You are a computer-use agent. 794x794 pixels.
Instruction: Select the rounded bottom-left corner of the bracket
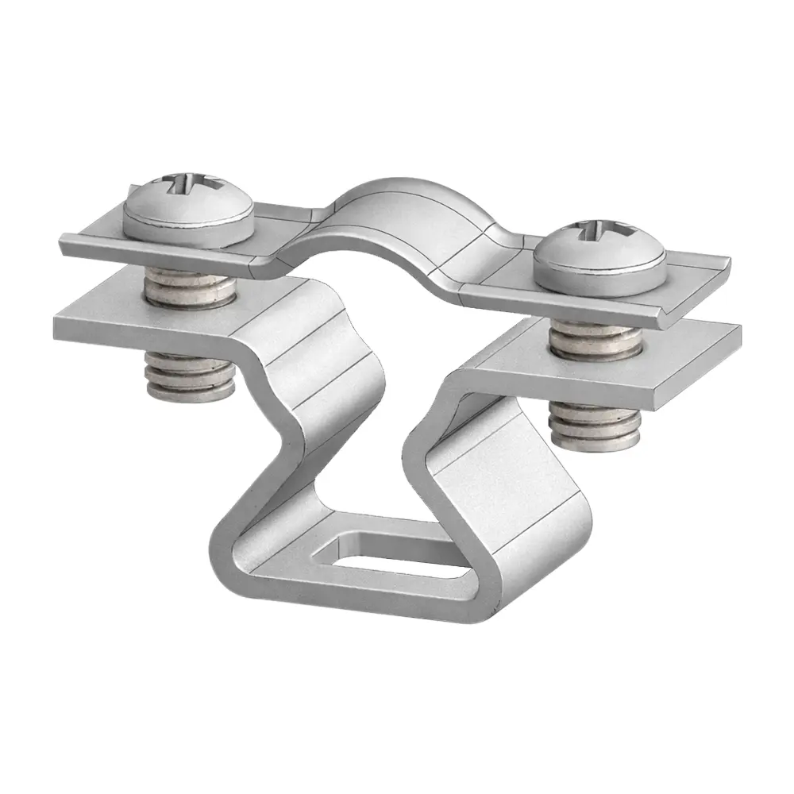point(226,572)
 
